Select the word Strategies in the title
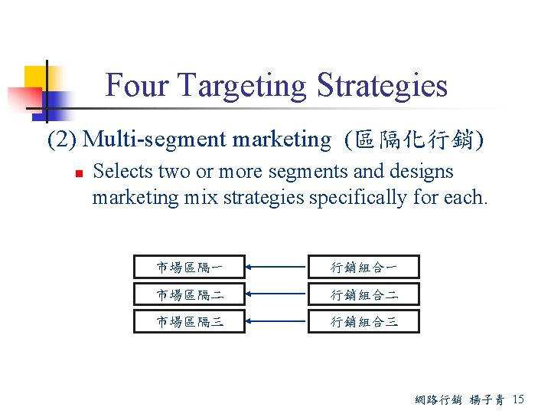tap(382, 85)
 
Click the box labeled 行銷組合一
tap(364, 267)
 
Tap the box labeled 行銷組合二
tap(364, 294)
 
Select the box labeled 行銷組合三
tap(364, 322)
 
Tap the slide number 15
tap(518, 399)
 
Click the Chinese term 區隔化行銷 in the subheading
tap(414, 140)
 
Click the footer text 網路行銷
tap(437, 399)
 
